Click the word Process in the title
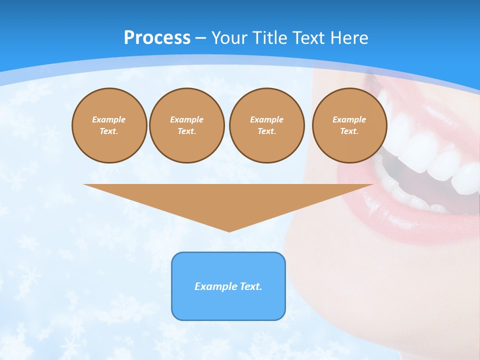tap(157, 38)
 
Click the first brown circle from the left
tap(109, 125)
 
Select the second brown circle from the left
tap(186, 125)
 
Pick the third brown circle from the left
tap(266, 125)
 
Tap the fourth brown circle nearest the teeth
tap(349, 125)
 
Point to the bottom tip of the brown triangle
tap(229, 230)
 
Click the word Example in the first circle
tap(109, 119)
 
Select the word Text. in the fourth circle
tap(349, 131)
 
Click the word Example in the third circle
tap(266, 119)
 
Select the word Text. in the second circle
tap(186, 131)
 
